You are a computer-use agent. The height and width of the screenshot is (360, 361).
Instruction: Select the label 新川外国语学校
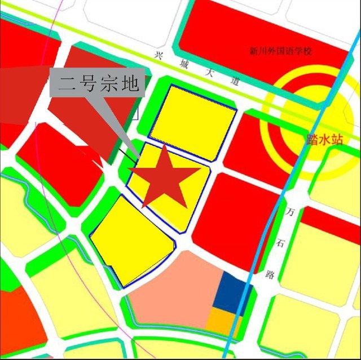pos(280,51)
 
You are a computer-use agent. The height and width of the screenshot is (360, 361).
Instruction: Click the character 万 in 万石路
pos(290,213)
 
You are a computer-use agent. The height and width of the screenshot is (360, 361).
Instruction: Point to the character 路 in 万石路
pos(270,275)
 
